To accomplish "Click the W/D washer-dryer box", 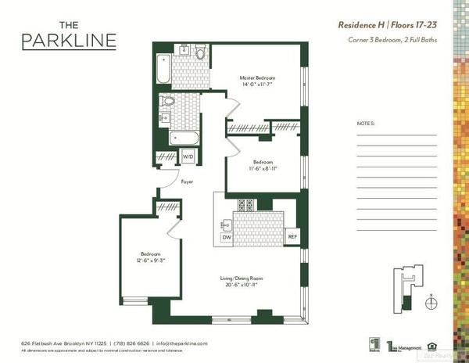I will coord(188,156).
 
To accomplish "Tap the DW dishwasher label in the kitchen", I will coord(227,236).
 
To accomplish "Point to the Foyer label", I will coord(187,181).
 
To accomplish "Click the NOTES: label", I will coord(365,124).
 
